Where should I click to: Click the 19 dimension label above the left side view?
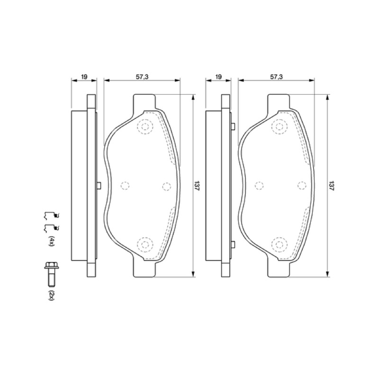[x=84, y=77]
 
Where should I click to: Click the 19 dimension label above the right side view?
[x=218, y=77]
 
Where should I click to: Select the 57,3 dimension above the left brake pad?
[x=142, y=77]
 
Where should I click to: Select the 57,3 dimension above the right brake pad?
[x=277, y=77]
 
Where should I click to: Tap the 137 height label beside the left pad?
[x=196, y=186]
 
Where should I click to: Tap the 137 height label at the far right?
[x=330, y=186]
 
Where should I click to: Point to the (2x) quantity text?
[x=52, y=295]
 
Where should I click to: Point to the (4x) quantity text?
[x=52, y=241]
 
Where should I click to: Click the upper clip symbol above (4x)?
[x=51, y=216]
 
